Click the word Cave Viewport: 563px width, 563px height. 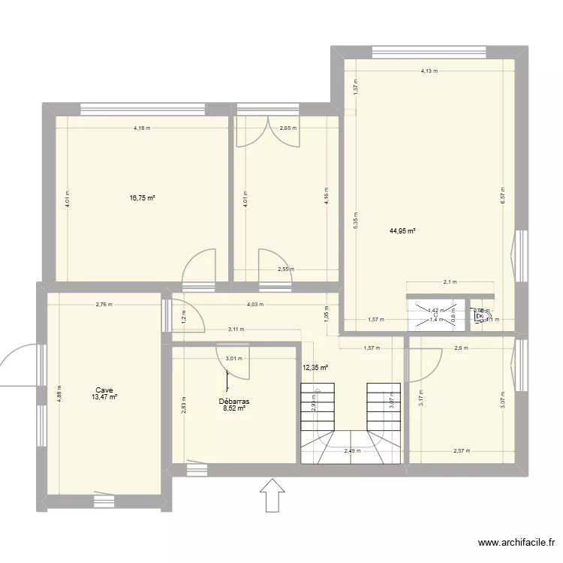[x=104, y=390]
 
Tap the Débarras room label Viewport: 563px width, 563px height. [x=233, y=402]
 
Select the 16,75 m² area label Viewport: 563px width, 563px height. [x=142, y=198]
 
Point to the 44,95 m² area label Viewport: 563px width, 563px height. [x=402, y=231]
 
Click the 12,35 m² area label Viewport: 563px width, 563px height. [x=315, y=368]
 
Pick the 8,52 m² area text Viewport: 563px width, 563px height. [x=233, y=410]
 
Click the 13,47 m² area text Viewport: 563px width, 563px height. [x=104, y=398]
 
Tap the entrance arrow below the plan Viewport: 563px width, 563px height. [x=272, y=496]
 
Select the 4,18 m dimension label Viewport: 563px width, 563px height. [x=142, y=128]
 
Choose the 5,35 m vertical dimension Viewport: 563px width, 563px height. [x=356, y=220]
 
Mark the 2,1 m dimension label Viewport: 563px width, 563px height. [x=450, y=283]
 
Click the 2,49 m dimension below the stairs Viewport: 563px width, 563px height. [x=351, y=451]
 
